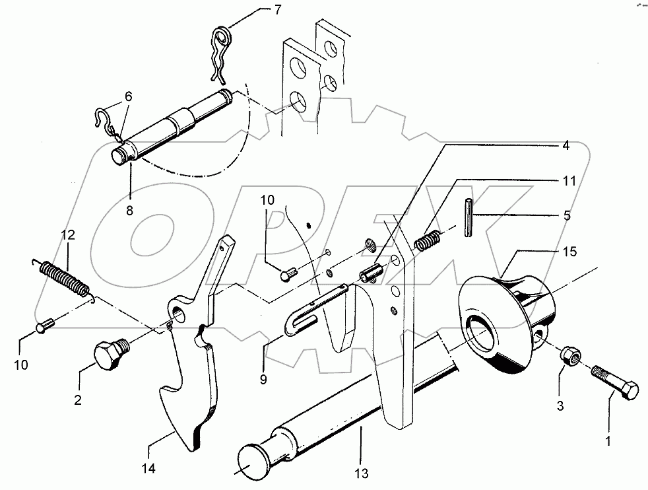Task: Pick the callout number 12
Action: point(69,234)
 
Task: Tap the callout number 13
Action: point(360,473)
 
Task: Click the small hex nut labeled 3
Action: point(570,358)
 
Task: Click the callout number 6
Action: point(128,96)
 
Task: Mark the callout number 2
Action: point(79,400)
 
